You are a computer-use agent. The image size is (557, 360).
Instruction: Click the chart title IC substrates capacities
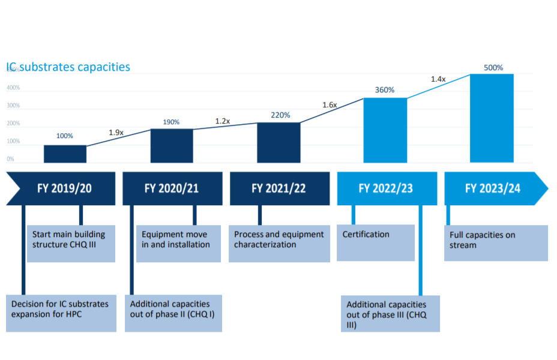point(68,67)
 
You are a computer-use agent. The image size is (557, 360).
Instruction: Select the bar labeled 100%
point(65,154)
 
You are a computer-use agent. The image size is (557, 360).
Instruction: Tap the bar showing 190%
point(172,146)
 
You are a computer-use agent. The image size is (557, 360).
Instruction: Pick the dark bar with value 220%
point(278,143)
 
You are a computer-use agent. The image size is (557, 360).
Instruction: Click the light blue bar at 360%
point(385,130)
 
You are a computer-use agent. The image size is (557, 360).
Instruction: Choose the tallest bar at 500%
point(492,118)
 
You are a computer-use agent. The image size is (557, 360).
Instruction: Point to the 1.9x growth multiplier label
point(116,133)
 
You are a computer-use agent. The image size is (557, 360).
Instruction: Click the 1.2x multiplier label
point(223,121)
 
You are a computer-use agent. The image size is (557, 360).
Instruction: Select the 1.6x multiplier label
point(330,105)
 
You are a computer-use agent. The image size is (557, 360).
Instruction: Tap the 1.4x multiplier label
point(438,79)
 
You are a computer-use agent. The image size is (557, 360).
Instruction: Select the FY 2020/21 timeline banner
point(172,188)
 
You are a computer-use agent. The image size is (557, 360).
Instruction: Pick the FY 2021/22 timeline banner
point(279,188)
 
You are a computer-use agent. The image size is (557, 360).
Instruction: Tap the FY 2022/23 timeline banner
point(385,188)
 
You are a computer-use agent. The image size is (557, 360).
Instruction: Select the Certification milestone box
point(375,242)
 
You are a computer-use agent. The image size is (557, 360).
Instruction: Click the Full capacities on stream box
point(496,243)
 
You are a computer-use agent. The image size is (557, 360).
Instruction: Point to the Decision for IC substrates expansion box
point(61,313)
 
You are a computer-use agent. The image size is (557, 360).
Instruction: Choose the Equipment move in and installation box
point(179,243)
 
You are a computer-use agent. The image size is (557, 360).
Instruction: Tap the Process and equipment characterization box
point(279,243)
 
